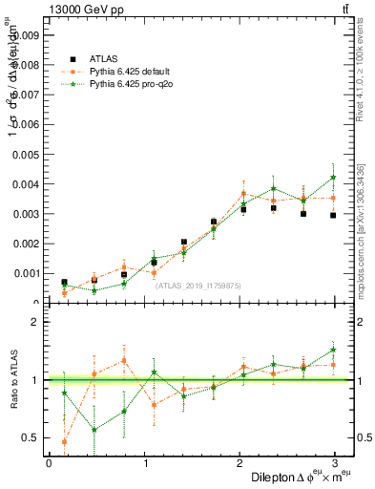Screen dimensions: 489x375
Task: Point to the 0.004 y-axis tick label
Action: [x=24, y=183]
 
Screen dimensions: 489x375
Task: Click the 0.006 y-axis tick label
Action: [x=24, y=124]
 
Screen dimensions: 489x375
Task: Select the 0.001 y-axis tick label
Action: [x=24, y=273]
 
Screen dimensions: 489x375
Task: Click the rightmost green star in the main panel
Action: [x=333, y=178]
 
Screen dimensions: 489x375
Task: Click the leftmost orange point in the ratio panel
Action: [x=64, y=441]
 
